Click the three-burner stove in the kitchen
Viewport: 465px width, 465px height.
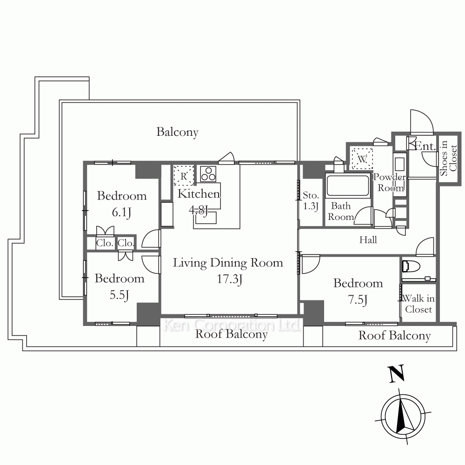coord(208,174)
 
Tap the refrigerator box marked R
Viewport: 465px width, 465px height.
coord(184,176)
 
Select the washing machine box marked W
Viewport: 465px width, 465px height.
coord(362,159)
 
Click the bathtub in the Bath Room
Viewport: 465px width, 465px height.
coord(347,186)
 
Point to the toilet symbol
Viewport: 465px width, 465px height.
coord(411,266)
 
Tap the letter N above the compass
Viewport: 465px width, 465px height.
coord(396,373)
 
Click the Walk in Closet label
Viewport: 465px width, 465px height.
coord(418,304)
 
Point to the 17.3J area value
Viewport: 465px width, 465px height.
coord(230,279)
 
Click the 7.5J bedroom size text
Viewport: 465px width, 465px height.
coord(358,299)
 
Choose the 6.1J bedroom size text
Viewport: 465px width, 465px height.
coord(121,213)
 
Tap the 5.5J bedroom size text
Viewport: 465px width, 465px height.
coord(119,295)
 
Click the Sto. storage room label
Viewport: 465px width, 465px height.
coord(311,195)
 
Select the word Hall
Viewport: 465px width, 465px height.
coord(368,239)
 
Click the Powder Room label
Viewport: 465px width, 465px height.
coord(390,182)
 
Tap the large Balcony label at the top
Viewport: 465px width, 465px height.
coord(177,132)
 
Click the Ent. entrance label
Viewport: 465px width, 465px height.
coord(425,146)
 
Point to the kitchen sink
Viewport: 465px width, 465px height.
coord(205,217)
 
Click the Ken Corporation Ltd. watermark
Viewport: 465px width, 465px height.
coord(231,325)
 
